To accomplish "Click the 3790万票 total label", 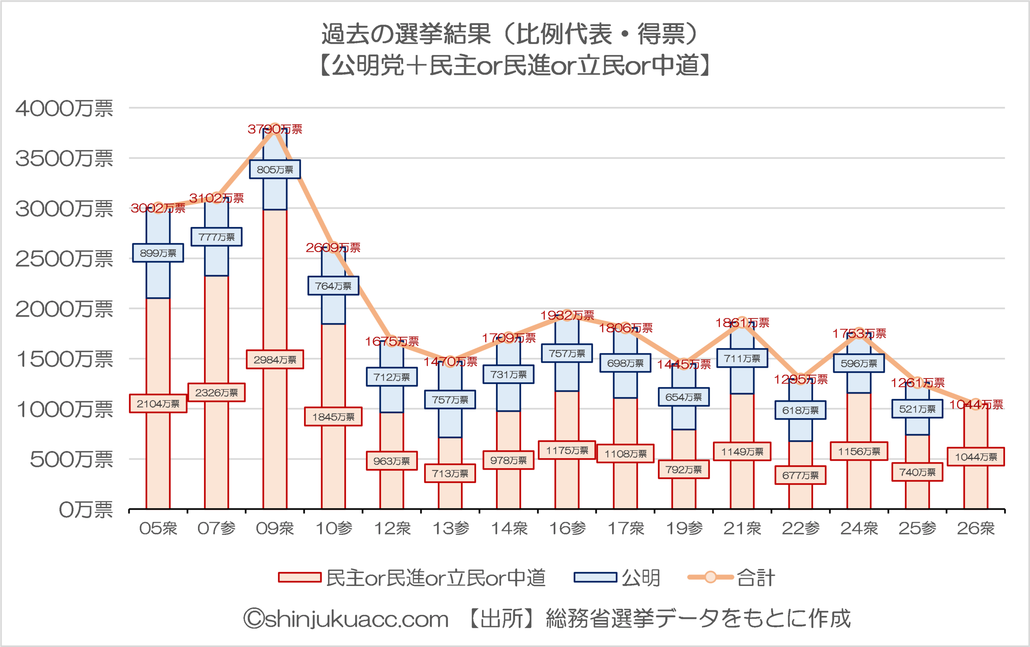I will click(275, 129).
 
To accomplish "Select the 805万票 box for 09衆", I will click(275, 169).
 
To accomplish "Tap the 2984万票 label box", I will click(275, 360).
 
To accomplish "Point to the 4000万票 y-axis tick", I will click(64, 109).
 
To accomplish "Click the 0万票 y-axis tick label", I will click(86, 510).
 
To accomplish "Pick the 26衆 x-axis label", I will click(975, 529).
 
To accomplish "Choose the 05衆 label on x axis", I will click(158, 529).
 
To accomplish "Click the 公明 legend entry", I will click(617, 578).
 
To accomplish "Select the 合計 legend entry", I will click(731, 578).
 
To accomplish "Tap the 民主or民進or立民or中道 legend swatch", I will click(299, 578).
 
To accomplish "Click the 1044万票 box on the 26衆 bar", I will click(976, 457).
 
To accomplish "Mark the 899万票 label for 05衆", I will click(158, 253).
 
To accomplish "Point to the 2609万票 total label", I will click(333, 247).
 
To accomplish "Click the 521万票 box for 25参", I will click(917, 409).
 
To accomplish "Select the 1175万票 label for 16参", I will click(567, 450).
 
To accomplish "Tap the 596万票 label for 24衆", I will click(859, 363).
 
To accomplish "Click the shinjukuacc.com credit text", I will click(346, 619).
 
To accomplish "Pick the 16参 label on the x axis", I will click(567, 529).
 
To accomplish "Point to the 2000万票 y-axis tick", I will click(64, 309).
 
